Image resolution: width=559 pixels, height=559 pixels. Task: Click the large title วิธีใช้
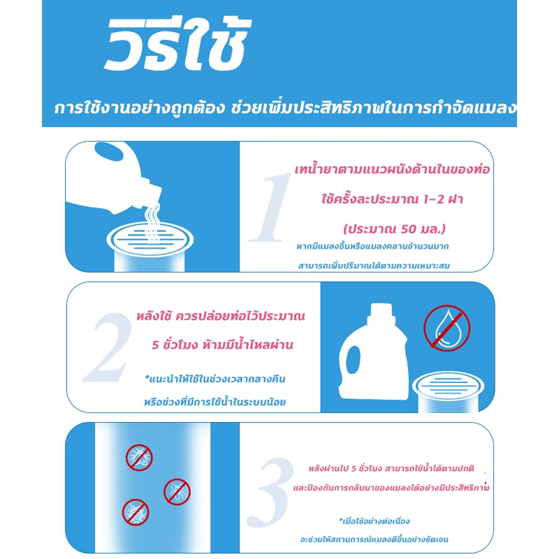coord(177,45)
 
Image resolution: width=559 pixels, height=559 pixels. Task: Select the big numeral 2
coord(107,347)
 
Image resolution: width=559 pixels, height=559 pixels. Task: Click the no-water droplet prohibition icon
coord(447,328)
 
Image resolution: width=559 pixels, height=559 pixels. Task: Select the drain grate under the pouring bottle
coord(150,239)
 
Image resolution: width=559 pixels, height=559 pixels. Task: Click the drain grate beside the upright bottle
coord(448,386)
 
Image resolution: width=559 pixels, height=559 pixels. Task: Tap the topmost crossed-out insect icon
coord(139,458)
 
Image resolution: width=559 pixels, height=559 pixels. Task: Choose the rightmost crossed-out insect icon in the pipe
coord(177,492)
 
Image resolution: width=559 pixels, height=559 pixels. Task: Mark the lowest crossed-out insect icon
coord(136,512)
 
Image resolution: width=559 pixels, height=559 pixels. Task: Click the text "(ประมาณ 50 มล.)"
coord(394,228)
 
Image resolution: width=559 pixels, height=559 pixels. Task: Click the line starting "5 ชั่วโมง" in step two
coord(222,344)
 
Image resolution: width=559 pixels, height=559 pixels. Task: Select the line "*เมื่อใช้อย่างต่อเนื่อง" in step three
coord(375,521)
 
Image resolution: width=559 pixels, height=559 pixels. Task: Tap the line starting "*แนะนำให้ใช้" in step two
coord(215,378)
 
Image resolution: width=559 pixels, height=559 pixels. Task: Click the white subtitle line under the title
coord(285,108)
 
